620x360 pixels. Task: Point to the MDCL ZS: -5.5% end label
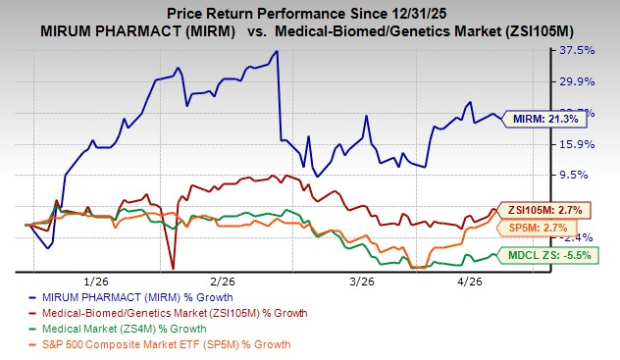(x=556, y=255)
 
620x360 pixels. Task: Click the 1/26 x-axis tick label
(x=97, y=282)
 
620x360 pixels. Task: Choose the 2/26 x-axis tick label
(x=222, y=282)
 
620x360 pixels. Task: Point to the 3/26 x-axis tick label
(x=346, y=282)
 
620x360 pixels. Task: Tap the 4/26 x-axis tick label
(x=468, y=282)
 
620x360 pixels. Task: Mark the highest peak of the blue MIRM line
(x=276, y=51)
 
